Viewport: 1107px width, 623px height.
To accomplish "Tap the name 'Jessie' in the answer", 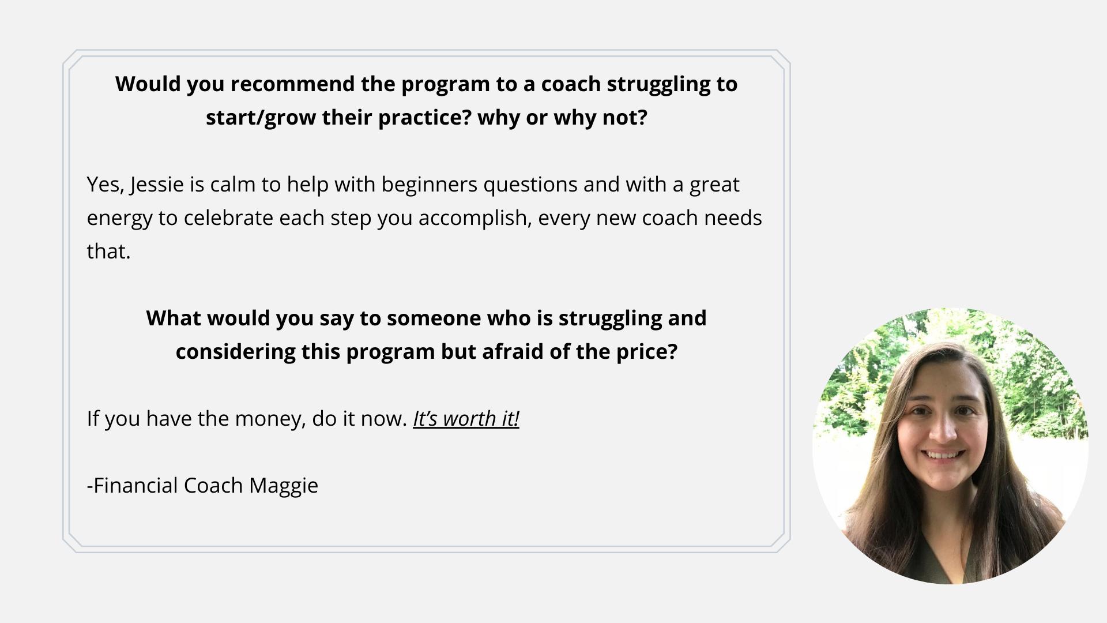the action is point(157,185).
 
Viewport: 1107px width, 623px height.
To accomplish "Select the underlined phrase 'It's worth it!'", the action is point(466,419).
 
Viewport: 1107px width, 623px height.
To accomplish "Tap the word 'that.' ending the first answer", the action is point(109,252).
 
